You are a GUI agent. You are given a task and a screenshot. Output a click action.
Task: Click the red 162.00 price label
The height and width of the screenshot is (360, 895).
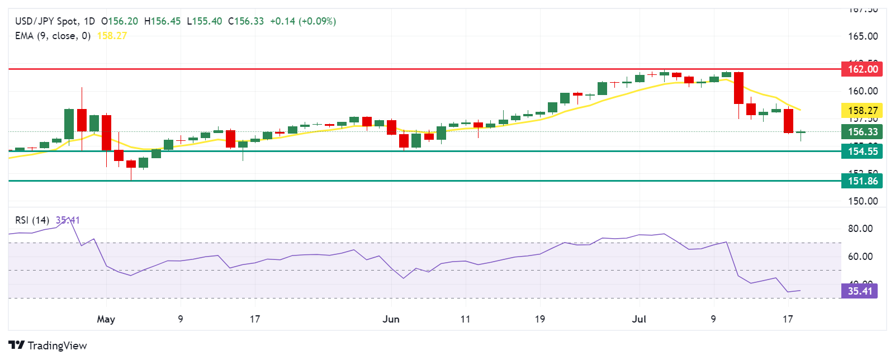(862, 69)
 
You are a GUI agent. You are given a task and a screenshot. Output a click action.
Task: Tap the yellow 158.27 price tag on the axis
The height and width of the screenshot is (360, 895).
(862, 111)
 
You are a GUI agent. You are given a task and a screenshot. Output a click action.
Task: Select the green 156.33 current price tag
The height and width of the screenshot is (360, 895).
(862, 132)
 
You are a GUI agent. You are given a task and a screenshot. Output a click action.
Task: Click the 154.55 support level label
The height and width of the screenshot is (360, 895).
(862, 151)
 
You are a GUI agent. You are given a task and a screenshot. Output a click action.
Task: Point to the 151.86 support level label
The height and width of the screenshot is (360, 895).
(862, 181)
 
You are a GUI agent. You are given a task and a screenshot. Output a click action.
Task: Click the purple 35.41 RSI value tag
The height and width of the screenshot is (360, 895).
(859, 291)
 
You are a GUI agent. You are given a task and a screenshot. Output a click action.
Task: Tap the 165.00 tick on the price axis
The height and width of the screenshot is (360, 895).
(863, 36)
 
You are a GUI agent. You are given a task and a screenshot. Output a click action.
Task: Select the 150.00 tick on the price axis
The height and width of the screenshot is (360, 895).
(863, 201)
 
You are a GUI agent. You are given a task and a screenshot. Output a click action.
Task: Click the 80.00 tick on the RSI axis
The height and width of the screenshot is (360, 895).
(860, 229)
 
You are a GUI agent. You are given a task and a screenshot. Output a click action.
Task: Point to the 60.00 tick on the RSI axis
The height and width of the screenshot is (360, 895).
(860, 257)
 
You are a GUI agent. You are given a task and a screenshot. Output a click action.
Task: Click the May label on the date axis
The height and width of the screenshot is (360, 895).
(106, 319)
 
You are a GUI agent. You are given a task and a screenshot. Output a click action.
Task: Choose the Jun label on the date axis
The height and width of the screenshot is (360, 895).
(391, 319)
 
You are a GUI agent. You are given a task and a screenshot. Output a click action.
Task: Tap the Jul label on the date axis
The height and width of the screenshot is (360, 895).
(638, 319)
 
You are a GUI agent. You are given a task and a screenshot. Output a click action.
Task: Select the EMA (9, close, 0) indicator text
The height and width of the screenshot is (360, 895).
(53, 36)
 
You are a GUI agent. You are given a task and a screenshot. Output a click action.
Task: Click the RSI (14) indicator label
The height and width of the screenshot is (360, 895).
(32, 220)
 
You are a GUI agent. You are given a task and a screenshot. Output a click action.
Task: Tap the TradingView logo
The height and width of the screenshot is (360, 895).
(48, 345)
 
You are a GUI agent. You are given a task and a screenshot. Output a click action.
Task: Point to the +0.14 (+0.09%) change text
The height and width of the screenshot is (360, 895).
(303, 21)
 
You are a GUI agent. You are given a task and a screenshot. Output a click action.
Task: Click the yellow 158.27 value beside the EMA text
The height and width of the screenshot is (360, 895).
(112, 36)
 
